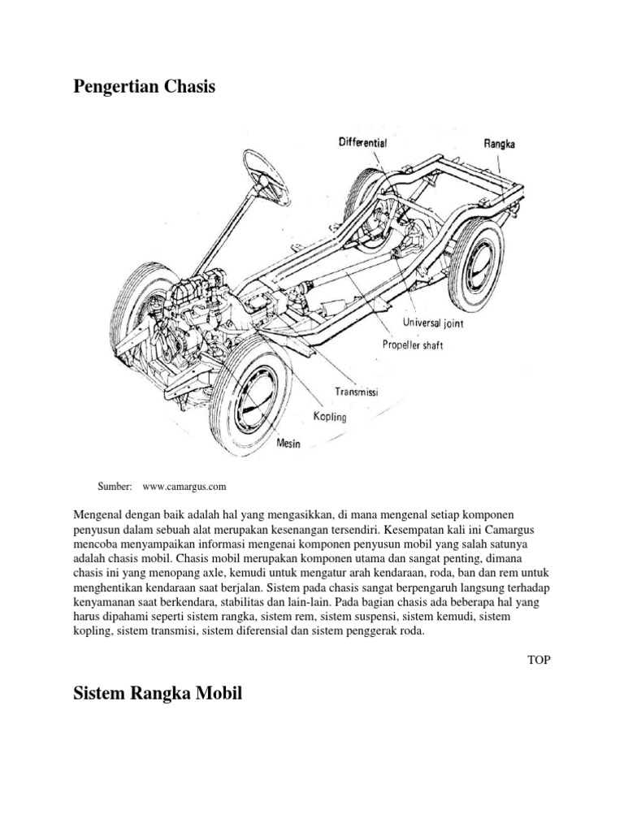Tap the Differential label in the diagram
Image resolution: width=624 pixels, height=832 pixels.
tap(362, 142)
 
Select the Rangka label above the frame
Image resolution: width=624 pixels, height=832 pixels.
tap(500, 144)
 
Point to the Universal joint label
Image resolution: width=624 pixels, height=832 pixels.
tap(437, 323)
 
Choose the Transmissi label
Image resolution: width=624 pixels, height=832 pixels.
tap(357, 392)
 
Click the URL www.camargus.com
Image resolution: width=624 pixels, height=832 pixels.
tap(184, 487)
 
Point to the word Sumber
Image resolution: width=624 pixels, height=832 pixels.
tap(115, 487)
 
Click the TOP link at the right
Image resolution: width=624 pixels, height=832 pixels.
tap(539, 660)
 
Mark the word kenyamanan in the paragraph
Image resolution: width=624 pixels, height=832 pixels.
tap(108, 604)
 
